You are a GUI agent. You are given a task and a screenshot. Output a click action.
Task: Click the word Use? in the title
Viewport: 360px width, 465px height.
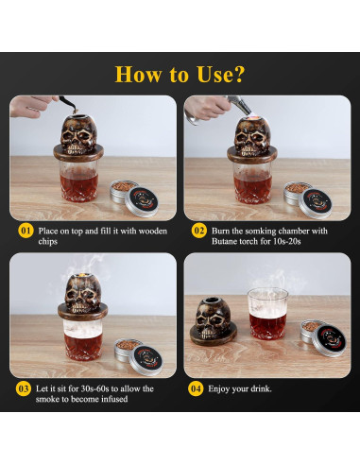[x=220, y=75]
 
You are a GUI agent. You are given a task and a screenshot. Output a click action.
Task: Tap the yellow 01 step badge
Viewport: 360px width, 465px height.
[x=26, y=231]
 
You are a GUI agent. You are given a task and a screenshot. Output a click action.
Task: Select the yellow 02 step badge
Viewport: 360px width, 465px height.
[x=199, y=231]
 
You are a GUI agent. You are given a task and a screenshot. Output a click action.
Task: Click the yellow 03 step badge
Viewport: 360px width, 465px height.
[x=24, y=388]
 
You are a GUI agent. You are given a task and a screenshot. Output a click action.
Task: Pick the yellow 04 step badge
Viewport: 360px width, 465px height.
[x=196, y=388]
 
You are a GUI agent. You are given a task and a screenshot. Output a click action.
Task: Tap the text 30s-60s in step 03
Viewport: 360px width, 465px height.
[x=94, y=388]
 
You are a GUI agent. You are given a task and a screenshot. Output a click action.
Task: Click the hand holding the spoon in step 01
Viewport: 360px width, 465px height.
[x=30, y=106]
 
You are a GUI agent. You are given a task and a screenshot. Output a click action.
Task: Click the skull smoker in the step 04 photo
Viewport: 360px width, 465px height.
[x=213, y=321]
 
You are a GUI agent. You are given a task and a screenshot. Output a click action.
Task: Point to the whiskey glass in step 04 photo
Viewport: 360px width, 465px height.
[x=267, y=314]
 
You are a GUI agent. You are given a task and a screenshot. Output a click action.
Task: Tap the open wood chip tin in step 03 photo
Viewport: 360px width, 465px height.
[x=128, y=349]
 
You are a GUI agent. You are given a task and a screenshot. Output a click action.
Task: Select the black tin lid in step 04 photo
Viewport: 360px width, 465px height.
[x=330, y=340]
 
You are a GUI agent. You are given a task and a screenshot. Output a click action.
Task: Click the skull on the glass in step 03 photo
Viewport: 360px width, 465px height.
[x=83, y=296]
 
